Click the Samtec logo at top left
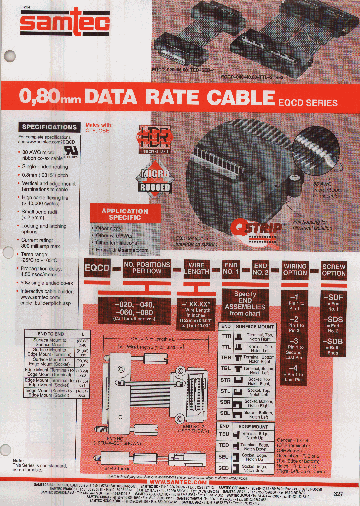pos(50,22)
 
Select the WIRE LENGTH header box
pos(196,268)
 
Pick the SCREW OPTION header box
pos(334,270)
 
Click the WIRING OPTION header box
pos(295,269)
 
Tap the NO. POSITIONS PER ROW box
pos(147,268)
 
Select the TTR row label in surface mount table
pos(226,336)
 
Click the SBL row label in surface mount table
pos(226,414)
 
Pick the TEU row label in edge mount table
pos(225,434)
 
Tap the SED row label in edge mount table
pos(225,468)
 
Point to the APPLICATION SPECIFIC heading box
pos(125,214)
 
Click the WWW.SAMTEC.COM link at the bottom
pos(178,482)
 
